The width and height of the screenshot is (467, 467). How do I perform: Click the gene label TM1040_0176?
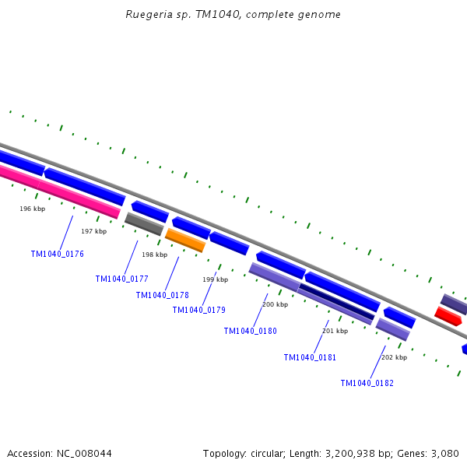coord(57,255)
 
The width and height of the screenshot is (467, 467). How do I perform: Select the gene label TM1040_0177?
coord(121,279)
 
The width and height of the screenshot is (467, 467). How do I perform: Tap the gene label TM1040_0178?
coord(162,295)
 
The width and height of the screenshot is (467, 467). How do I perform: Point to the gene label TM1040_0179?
coord(198,310)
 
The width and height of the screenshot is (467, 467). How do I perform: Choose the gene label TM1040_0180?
coord(250,331)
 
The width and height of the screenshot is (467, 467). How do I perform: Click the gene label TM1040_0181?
coord(310,357)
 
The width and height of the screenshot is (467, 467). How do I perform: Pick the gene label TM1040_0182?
coord(367,383)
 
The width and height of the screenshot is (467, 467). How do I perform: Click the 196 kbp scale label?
coord(32,209)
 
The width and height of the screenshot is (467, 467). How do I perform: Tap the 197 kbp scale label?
coord(93,231)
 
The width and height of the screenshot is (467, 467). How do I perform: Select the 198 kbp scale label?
coord(154,255)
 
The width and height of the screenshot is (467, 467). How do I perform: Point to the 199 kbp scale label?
coord(215,279)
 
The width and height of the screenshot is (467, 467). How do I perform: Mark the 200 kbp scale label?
coord(275,304)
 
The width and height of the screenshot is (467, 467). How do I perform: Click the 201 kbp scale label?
coord(335,331)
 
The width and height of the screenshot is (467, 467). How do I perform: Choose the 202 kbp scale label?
coord(394,357)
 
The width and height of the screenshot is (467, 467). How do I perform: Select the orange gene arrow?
coord(185,241)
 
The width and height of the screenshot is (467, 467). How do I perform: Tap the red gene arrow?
coord(448,316)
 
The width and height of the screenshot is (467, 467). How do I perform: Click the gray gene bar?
coord(144,224)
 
